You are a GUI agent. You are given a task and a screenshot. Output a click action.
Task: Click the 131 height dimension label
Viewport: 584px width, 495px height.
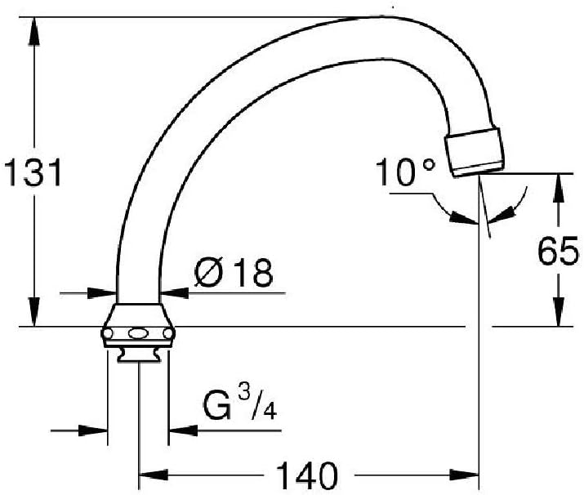[x=33, y=172]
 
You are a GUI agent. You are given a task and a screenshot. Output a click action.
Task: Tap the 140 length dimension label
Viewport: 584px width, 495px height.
[x=307, y=475]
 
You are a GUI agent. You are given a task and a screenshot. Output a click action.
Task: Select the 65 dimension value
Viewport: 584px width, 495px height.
[x=559, y=251]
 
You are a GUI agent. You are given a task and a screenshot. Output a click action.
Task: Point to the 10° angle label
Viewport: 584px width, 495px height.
[x=405, y=172]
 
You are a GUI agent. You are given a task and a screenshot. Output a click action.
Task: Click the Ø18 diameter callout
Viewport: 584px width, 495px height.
[x=234, y=272]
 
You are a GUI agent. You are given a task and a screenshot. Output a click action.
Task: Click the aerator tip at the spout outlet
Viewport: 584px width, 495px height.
[x=475, y=152]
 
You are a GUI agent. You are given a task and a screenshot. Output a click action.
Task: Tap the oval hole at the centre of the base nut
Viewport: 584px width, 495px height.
[x=138, y=333]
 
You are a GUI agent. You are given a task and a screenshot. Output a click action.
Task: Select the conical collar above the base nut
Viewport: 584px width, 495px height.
[x=139, y=315]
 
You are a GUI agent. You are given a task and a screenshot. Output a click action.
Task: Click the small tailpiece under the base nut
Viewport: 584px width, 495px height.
[x=139, y=355]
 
